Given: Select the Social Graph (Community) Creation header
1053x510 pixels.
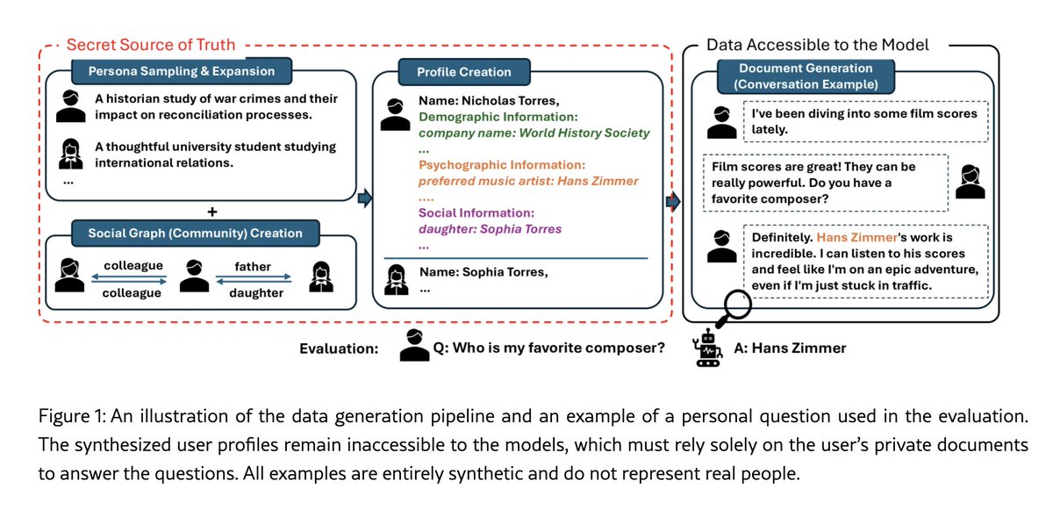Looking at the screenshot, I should (195, 233).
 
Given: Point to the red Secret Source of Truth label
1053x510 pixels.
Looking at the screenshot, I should (151, 44).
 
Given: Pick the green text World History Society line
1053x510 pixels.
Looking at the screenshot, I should (534, 133).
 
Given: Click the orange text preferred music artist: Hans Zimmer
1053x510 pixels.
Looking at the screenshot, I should (528, 181).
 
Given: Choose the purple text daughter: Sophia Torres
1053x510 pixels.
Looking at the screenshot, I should (490, 229).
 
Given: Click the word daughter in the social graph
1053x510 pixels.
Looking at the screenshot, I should (256, 292).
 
